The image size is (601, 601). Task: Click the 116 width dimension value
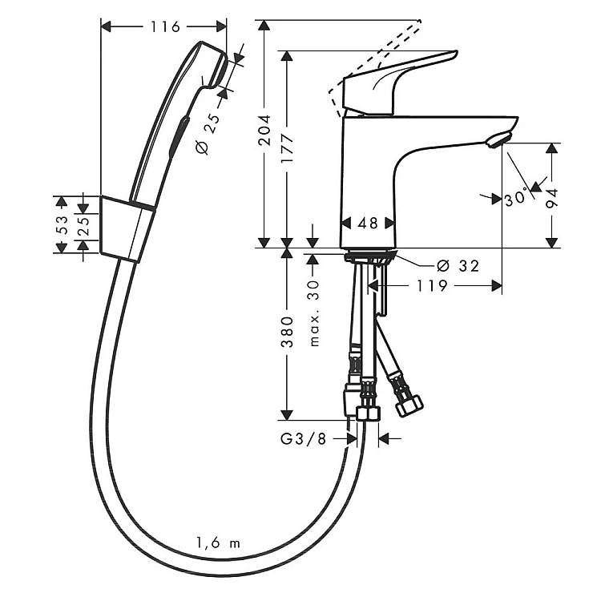[x=165, y=26]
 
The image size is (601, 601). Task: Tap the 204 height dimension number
[x=264, y=130]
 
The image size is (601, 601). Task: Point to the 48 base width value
[x=368, y=223]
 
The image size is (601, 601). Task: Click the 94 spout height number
[x=552, y=199]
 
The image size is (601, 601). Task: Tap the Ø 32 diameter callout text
[x=458, y=265]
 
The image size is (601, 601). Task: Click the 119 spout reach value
[x=432, y=285]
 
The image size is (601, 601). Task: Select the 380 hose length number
[x=287, y=332]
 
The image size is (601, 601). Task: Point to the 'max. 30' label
[x=314, y=313]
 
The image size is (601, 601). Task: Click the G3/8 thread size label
[x=303, y=439]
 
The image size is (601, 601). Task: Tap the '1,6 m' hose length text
[x=218, y=543]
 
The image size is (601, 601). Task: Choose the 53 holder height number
[x=62, y=224]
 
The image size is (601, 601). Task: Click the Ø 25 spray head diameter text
[x=209, y=133]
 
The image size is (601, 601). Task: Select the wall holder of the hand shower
[x=127, y=229]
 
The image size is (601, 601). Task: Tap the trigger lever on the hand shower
[x=179, y=137]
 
